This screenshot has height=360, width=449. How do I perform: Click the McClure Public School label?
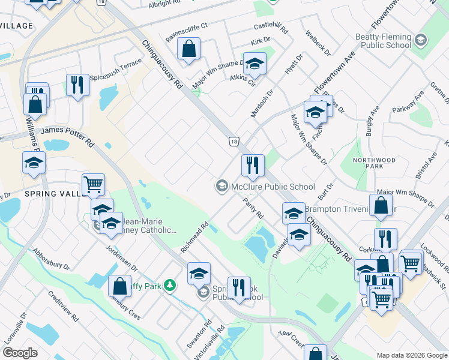coord(273,187)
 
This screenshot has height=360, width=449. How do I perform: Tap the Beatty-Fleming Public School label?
coord(382,41)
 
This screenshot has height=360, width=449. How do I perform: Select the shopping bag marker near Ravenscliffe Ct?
coord(189,50)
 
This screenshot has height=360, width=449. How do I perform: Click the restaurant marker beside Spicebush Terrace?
coord(77,85)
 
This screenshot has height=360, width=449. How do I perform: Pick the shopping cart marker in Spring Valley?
coord(93,184)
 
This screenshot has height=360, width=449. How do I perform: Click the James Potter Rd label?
coord(68,137)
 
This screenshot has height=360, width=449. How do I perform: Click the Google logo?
coord(20,353)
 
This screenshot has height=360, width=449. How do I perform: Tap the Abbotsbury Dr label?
coord(52,259)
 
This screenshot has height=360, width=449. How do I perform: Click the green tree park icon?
coord(170,286)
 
